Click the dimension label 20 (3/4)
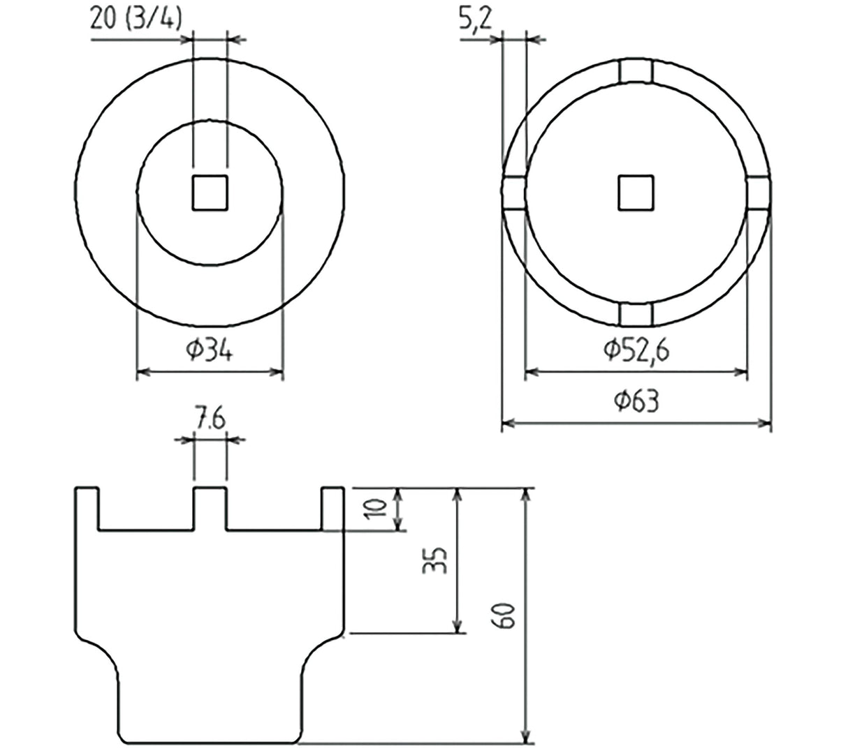[136, 20]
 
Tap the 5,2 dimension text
[475, 20]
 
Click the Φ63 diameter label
[636, 401]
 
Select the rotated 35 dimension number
[434, 560]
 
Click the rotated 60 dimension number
[503, 615]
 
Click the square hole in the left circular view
[210, 193]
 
